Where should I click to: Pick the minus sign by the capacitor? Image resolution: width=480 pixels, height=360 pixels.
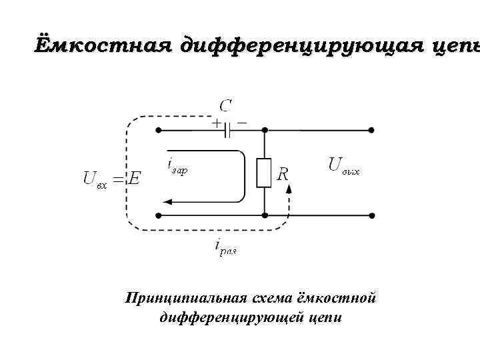(241, 123)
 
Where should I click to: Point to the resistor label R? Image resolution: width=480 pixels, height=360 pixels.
(283, 175)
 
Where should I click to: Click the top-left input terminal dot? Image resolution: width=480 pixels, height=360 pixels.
(158, 131)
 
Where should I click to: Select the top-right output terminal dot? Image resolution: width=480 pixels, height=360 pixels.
(372, 131)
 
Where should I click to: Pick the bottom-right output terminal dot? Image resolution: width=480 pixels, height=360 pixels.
(372, 216)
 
